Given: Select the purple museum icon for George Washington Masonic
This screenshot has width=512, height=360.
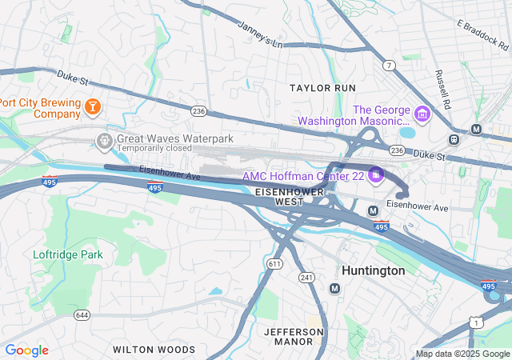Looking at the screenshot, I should coord(422,114).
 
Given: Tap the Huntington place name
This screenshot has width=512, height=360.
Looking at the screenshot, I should coord(373,270).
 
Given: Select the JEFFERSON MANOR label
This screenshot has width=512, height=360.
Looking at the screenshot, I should coord(288,336).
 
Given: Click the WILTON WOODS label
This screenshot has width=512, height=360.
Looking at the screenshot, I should coord(154,350).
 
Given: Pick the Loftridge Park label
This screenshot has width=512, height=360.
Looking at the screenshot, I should coord(68,254).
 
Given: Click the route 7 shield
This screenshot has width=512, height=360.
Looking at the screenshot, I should coord(389,64).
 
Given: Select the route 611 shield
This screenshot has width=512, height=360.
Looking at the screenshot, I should coord(275,263).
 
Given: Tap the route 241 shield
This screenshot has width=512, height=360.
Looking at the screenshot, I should coord(305,278).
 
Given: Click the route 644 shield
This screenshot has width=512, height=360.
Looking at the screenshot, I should coord(81,314).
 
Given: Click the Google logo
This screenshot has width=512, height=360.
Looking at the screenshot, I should coord(26,350).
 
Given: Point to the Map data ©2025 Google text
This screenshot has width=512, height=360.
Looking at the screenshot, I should coord(462,354).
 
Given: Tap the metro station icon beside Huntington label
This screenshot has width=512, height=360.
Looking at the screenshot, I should coord(334,287).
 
